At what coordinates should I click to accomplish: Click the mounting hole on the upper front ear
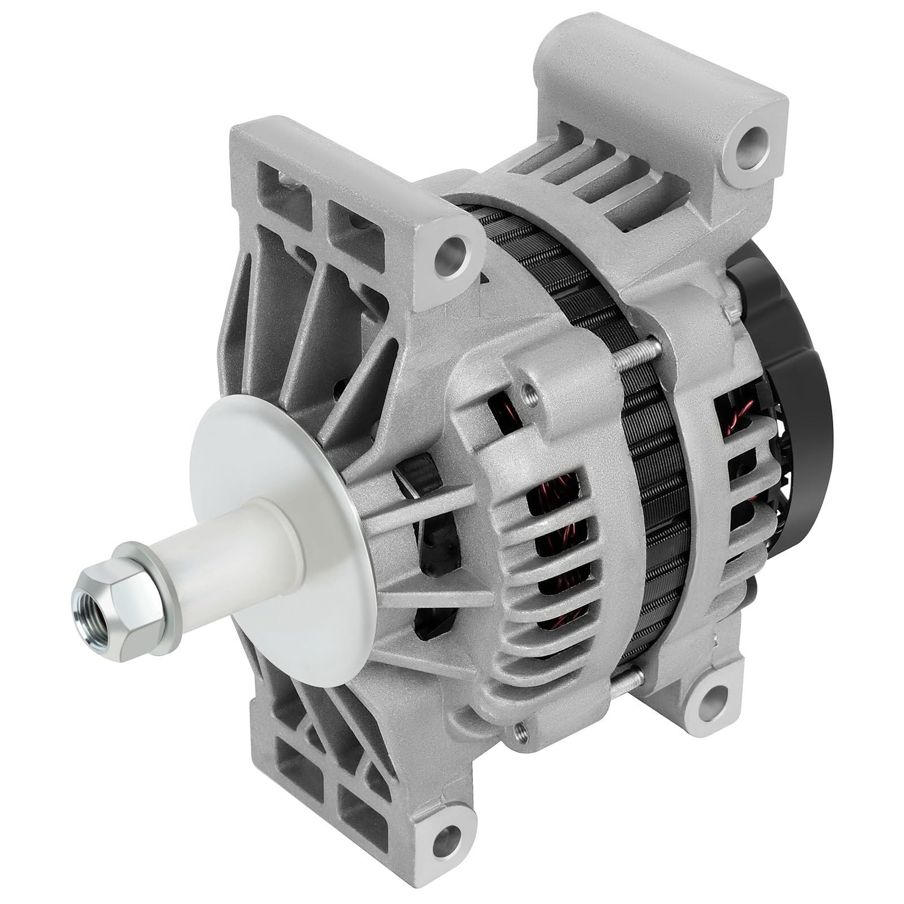(x=453, y=248)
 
